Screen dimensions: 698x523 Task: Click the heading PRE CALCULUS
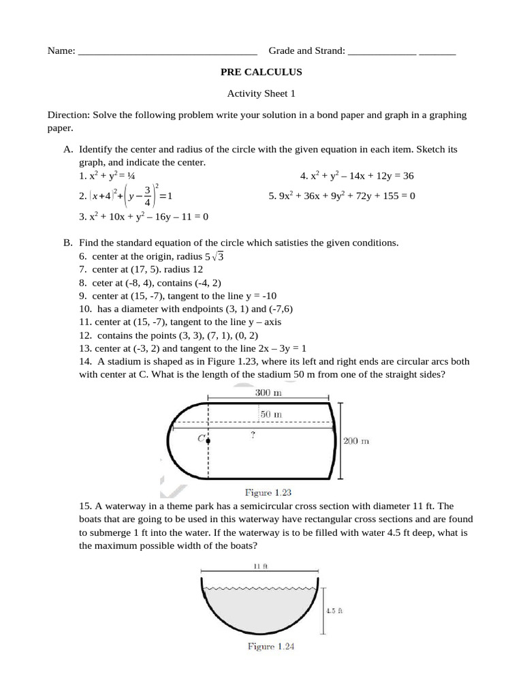coord(261,72)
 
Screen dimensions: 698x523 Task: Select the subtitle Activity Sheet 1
coord(261,94)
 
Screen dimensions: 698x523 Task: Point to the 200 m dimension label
coord(355,441)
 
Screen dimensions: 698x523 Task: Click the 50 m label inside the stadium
coord(272,414)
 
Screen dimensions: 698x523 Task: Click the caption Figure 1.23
coord(268,491)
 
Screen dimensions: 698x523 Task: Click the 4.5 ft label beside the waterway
coord(333,611)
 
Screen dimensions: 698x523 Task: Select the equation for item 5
coord(342,196)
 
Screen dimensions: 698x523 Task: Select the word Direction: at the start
coord(68,115)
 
